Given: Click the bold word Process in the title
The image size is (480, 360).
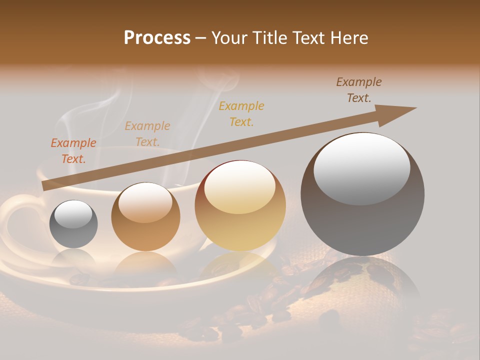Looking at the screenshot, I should click(157, 38).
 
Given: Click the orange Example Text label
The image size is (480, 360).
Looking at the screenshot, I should click(73, 150).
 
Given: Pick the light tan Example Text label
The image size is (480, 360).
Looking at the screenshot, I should click(147, 133).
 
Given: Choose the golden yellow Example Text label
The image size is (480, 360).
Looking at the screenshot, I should click(241, 113).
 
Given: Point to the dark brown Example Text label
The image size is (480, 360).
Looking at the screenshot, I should click(359, 90).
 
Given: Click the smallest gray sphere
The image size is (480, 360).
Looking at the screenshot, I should click(73, 232).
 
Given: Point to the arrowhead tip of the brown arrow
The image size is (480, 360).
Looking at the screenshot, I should click(415, 108).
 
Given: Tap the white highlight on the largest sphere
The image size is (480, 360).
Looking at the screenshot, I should click(361, 167).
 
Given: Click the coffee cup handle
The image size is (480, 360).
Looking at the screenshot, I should click(15, 220).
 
